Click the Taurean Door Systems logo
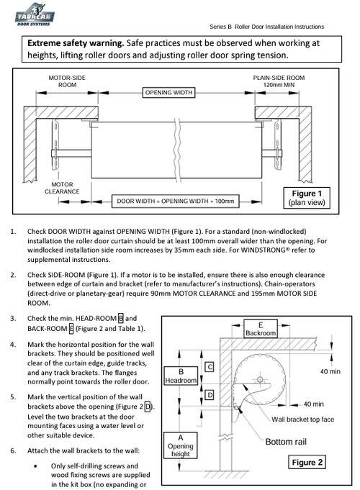(35, 14)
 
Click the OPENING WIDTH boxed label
(169, 93)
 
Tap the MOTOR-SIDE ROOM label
(67, 81)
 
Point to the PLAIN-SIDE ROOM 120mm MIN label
(279, 81)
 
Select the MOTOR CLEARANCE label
(62, 188)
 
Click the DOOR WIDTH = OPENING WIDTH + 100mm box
(176, 201)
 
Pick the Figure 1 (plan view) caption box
(307, 198)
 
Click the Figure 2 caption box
(307, 462)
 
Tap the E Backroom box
(261, 329)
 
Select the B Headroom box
(181, 376)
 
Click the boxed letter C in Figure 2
(210, 367)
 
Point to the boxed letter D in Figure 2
(210, 395)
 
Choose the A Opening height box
(181, 445)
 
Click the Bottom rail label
(286, 442)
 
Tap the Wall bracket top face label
(303, 419)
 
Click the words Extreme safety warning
(76, 43)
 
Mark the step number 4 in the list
(13, 345)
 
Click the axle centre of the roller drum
(260, 380)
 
